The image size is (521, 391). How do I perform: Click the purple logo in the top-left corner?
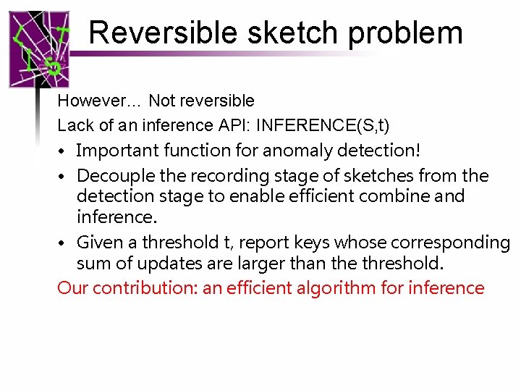click(x=40, y=49)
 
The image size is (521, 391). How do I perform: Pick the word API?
click(x=232, y=125)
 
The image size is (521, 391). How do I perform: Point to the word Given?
click(x=98, y=242)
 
